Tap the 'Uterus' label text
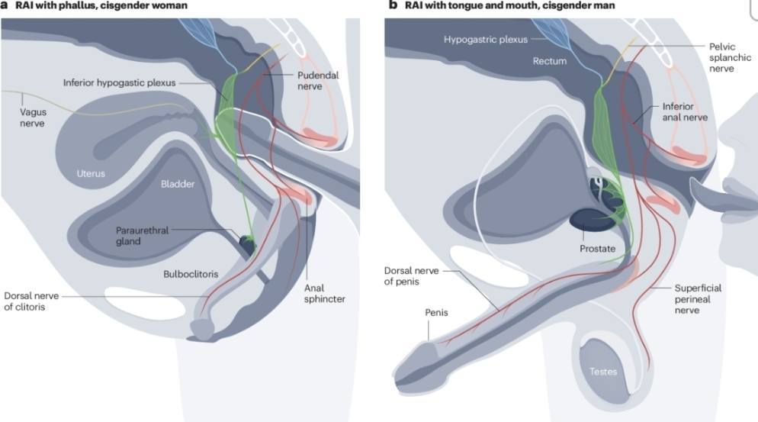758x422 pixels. point(91,173)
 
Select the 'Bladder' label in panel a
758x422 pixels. point(178,184)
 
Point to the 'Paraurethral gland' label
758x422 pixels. point(142,235)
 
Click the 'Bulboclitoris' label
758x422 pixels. point(185,272)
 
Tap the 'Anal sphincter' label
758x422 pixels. point(323,293)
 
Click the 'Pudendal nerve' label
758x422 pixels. point(316,81)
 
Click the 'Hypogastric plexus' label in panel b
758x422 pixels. point(486,38)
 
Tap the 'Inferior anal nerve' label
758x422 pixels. point(685,112)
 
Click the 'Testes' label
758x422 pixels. point(602,372)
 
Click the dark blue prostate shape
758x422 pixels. point(591,219)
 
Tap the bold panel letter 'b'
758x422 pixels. point(393,5)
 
